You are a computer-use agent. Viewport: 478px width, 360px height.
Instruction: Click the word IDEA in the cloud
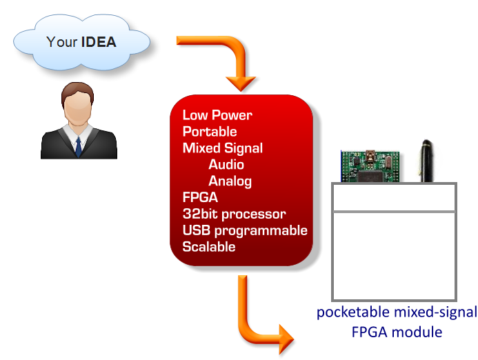tap(99, 42)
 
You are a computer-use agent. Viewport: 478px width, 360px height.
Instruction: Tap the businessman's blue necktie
tap(79, 147)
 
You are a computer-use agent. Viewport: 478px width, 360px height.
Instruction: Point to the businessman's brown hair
tap(77, 92)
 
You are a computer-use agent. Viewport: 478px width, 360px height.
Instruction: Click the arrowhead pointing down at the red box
tap(241, 83)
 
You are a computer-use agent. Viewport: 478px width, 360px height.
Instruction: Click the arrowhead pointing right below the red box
tap(286, 339)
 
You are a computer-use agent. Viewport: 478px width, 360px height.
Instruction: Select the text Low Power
tap(217, 115)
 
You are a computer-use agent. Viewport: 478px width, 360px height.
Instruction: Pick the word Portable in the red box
tap(210, 132)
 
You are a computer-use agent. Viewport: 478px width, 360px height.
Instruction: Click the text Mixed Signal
tap(223, 148)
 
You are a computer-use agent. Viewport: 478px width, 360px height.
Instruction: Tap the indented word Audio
tap(226, 165)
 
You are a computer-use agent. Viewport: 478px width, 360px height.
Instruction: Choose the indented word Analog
tap(230, 181)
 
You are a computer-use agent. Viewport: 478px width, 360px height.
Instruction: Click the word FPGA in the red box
tap(200, 197)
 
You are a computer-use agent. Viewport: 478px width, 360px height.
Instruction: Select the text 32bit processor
tap(234, 214)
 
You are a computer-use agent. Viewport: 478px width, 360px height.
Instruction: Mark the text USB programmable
tap(245, 230)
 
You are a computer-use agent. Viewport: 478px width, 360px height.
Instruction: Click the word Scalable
tap(209, 247)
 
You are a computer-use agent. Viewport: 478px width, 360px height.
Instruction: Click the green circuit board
tap(370, 166)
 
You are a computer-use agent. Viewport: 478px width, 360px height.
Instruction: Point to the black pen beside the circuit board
tap(427, 161)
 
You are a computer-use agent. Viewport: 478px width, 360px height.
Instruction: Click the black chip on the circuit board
tap(370, 176)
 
